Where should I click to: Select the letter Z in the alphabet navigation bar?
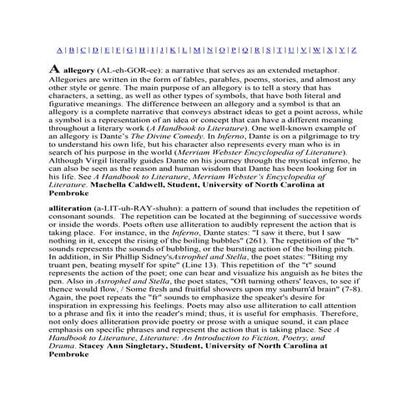pyautogui.click(x=355, y=49)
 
